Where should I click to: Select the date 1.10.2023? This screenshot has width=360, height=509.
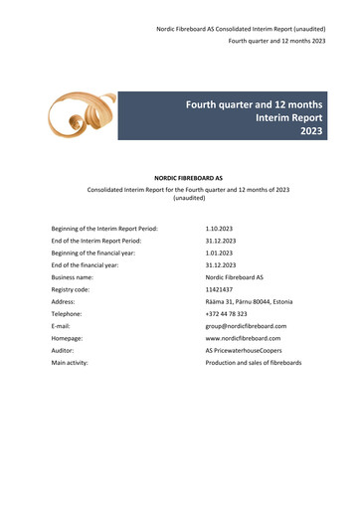point(220,228)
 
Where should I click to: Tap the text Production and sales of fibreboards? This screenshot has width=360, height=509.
point(254,363)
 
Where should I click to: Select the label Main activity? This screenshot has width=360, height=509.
point(70,363)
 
